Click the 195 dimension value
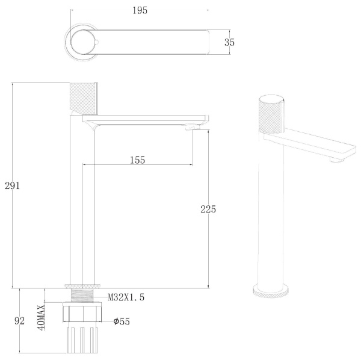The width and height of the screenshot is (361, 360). pos(140,10)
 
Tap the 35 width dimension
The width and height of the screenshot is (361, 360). pos(229,42)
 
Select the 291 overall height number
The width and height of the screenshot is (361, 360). pos(12,185)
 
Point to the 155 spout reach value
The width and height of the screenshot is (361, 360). pos(137,160)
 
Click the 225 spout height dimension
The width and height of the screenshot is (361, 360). pos(208,209)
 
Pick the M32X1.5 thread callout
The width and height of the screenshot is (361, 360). pos(126,297)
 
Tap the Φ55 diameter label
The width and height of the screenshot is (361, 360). pos(122,321)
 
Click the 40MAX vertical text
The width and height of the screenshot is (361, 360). pos(42,318)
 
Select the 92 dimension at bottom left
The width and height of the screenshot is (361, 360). pos(19,321)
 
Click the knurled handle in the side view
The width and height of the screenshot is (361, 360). pos(84,99)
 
